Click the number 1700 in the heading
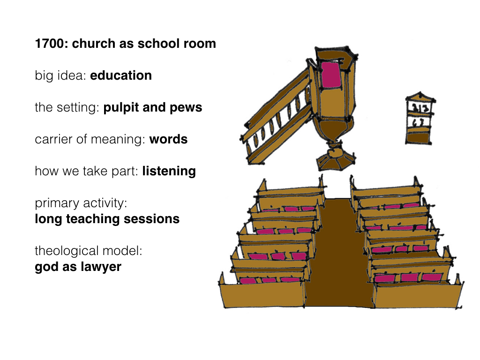[x=50, y=44]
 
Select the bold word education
[x=121, y=75]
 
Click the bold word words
[x=168, y=139]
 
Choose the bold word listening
[x=169, y=172]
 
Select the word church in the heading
[x=93, y=44]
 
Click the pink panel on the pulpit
[x=331, y=75]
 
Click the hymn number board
[x=420, y=118]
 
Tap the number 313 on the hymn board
[x=420, y=108]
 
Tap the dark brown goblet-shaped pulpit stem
[x=334, y=130]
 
